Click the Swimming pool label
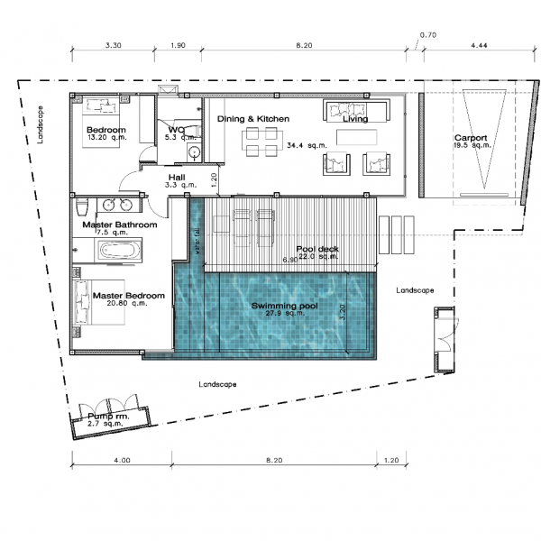point(284,306)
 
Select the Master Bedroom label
point(125,295)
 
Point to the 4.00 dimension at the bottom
point(122,460)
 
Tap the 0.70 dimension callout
point(427,35)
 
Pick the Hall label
point(177,177)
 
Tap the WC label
point(176,130)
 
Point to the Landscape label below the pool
point(217,384)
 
